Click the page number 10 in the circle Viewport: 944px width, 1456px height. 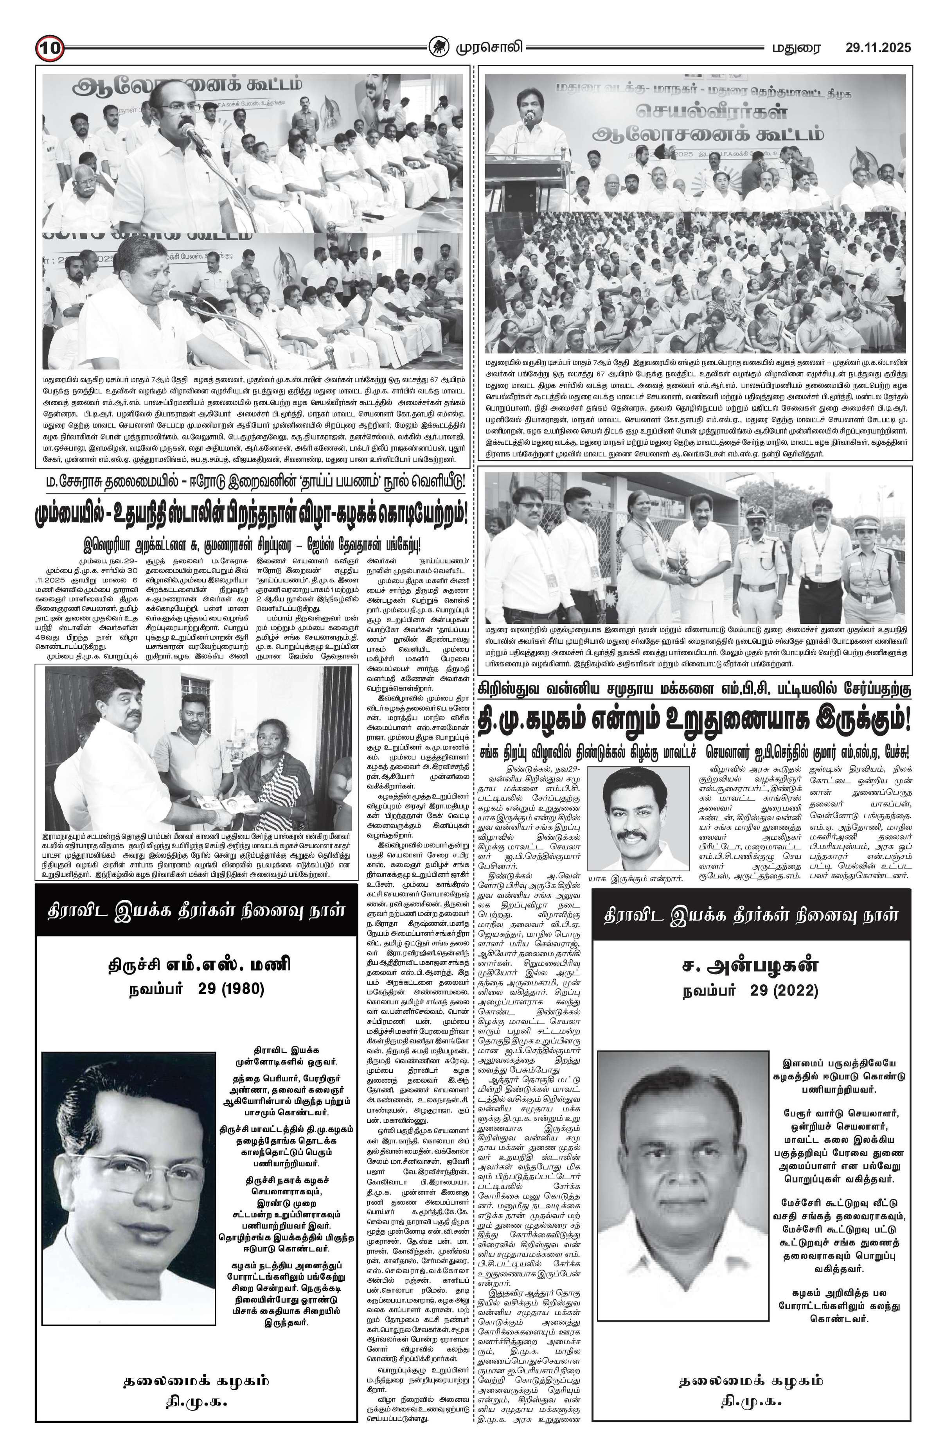coord(49,48)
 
